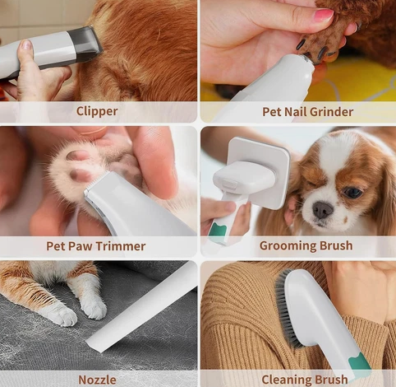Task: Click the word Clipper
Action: point(97,111)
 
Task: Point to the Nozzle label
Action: point(97,380)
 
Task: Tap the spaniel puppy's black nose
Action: point(323,210)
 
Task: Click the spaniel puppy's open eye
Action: point(352,193)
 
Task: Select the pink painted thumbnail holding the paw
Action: point(324,15)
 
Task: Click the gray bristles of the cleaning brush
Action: point(287,310)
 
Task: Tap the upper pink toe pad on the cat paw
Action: point(77,156)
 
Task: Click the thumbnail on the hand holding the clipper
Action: point(26,44)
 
